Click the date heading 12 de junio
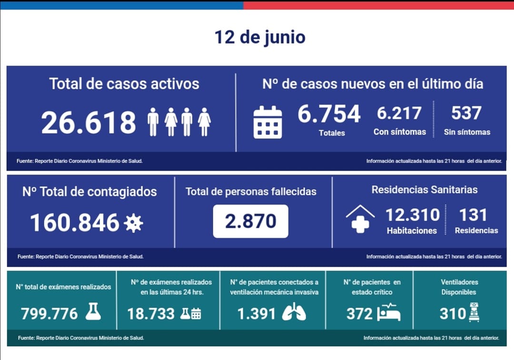point(260,37)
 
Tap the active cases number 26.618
point(89,122)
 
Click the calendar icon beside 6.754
point(267,122)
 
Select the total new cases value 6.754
point(329,114)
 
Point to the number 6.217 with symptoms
point(399,113)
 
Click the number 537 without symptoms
point(466,113)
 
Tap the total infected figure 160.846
point(75,223)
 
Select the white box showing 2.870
point(250,221)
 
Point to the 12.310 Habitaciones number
point(412,215)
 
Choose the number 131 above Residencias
point(473,215)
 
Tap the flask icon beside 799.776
point(93,311)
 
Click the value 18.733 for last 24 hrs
point(151,314)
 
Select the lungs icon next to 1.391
point(294,312)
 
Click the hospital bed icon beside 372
point(388,312)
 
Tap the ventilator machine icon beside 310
point(474,312)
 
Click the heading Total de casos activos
point(124,84)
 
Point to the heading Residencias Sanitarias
point(425,190)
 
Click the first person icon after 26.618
point(153,122)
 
